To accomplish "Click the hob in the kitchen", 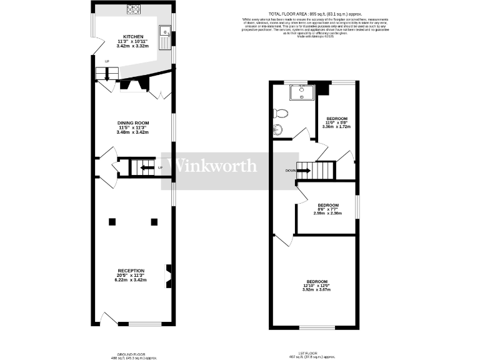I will pyautogui.click(x=133, y=9).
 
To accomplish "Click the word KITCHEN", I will pyautogui.click(x=133, y=37).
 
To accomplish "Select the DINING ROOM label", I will pyautogui.click(x=133, y=123).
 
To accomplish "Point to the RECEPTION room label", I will pyautogui.click(x=131, y=271).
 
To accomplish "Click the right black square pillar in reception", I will pyautogui.click(x=154, y=221).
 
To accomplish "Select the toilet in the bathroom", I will pyautogui.click(x=280, y=113).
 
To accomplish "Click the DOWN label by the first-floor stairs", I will pyautogui.click(x=289, y=170).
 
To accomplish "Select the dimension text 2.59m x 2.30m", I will pyautogui.click(x=328, y=214).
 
